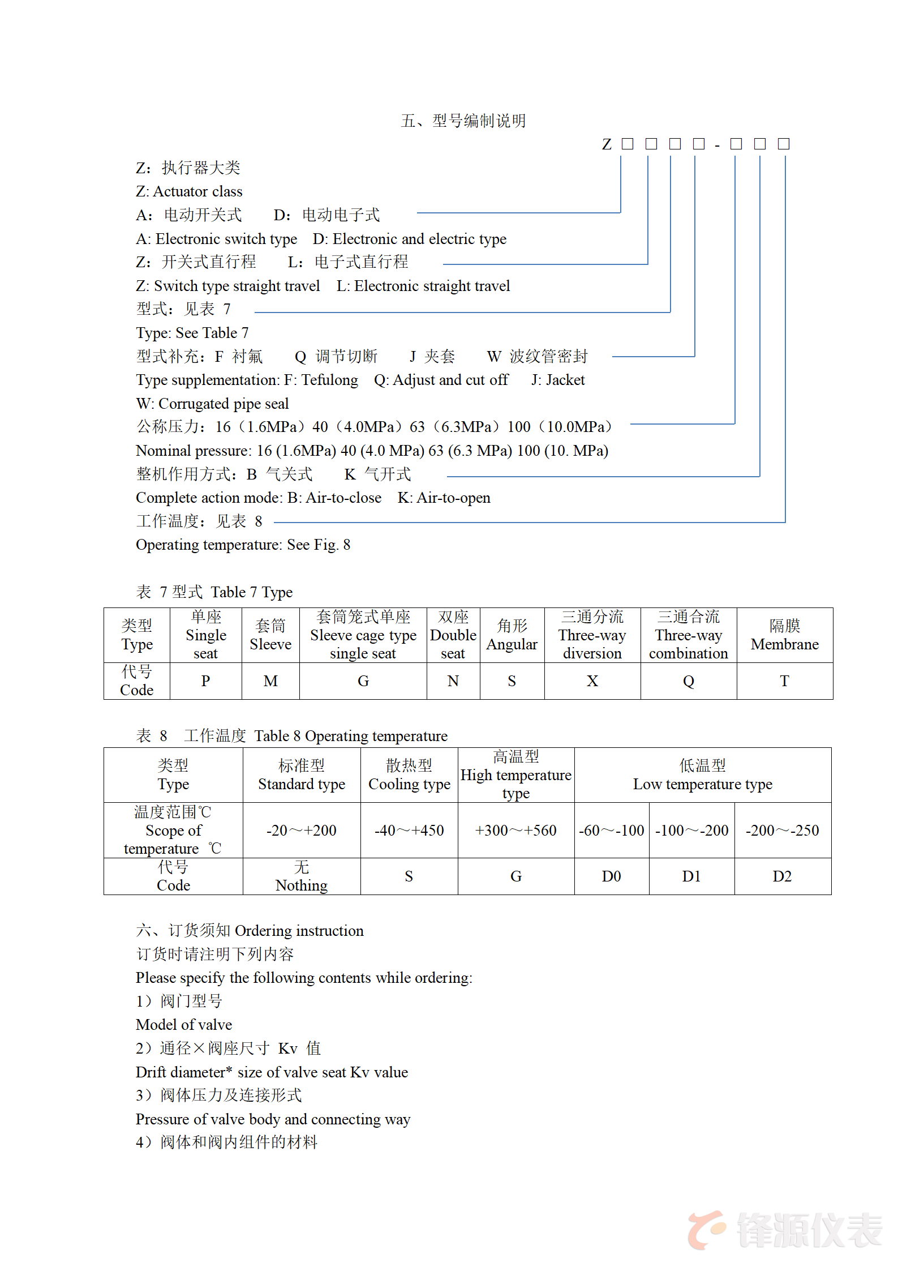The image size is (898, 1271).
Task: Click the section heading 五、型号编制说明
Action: pos(463,121)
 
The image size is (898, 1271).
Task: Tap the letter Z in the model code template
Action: pos(607,144)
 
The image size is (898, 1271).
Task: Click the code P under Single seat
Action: pos(205,681)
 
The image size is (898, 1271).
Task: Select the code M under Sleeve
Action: pos(270,681)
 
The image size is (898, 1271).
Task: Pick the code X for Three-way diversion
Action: pos(592,681)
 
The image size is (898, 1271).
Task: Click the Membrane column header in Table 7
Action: pos(784,635)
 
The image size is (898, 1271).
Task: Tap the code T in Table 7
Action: pos(784,681)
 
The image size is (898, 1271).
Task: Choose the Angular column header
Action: pos(512,635)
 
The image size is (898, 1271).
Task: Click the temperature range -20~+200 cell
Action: pos(301,831)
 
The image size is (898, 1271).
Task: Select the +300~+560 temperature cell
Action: pos(515,831)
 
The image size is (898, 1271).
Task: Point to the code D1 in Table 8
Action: pos(691,876)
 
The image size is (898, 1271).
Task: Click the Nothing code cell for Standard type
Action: pos(301,876)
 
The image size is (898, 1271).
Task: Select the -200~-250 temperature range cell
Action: pos(782,831)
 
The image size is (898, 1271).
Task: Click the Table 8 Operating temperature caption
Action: pos(292,736)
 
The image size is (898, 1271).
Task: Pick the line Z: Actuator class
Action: pos(189,191)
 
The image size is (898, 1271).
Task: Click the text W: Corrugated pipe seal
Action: pos(212,404)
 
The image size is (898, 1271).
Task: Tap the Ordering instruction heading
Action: pos(250,931)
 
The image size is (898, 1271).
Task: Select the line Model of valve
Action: pos(184,1025)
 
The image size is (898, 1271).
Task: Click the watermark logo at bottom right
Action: pos(784,1230)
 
